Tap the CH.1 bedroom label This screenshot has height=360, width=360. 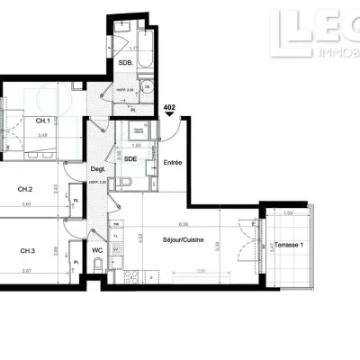[42, 121]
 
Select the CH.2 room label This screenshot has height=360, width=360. [26, 189]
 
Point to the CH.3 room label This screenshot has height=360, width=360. [26, 250]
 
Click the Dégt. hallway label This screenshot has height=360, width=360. [98, 169]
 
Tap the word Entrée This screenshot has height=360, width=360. [174, 163]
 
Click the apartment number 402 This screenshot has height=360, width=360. [169, 107]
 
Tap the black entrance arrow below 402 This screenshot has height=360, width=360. [169, 117]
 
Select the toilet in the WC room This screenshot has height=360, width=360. [96, 263]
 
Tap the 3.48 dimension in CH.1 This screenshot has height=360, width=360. [42, 136]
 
